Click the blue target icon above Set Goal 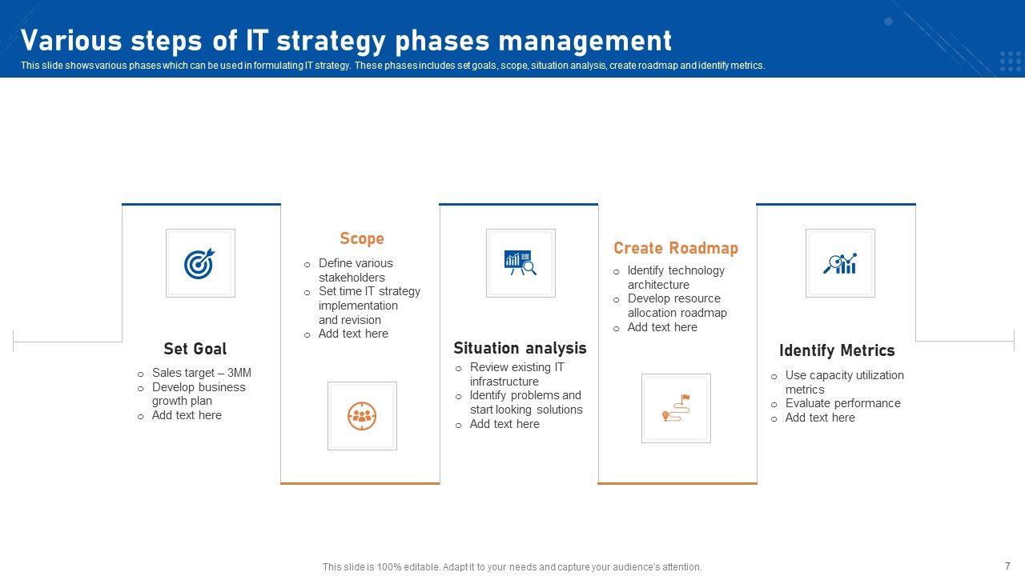point(199,263)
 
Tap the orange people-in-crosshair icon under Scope point(362,416)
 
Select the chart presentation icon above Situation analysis point(521,263)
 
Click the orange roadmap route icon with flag point(676,408)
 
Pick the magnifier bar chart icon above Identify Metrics point(840,263)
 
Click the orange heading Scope point(361,238)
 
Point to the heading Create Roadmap point(676,248)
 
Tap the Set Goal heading point(195,349)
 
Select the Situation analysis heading point(520,348)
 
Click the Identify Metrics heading point(837,350)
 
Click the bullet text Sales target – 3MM point(202,373)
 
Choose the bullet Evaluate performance point(843,403)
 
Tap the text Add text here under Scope point(353,334)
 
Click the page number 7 point(1007,566)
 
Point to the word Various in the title point(71,41)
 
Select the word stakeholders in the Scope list point(352,278)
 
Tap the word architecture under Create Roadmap point(658,285)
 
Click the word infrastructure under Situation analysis point(504,382)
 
